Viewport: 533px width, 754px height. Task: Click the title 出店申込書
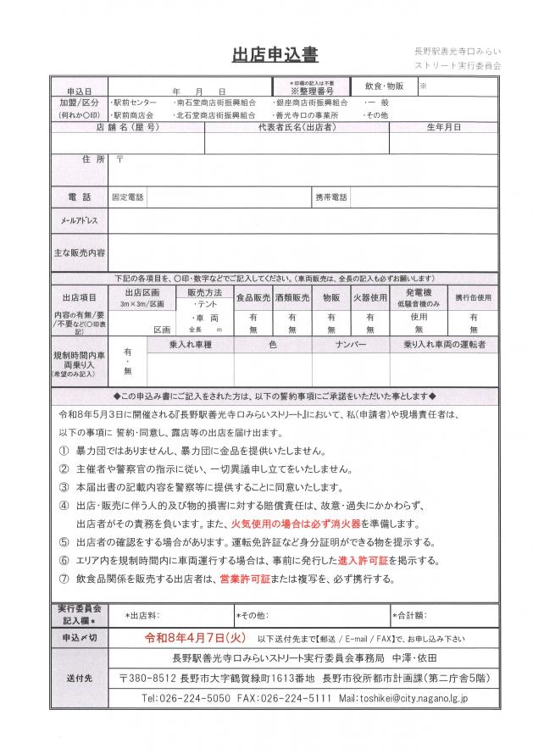click(x=275, y=55)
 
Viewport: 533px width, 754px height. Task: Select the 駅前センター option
click(x=134, y=102)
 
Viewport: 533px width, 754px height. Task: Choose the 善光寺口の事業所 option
click(x=306, y=114)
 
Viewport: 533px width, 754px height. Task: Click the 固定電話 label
click(x=128, y=197)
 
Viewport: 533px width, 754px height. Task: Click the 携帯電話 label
click(x=331, y=197)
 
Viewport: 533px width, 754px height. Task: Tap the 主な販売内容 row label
click(x=79, y=252)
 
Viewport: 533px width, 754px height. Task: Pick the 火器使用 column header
click(x=369, y=297)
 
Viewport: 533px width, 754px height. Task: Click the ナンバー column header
click(x=351, y=346)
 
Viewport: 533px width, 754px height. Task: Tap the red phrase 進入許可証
click(x=386, y=561)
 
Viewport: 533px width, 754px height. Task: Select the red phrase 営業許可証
click(x=246, y=579)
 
